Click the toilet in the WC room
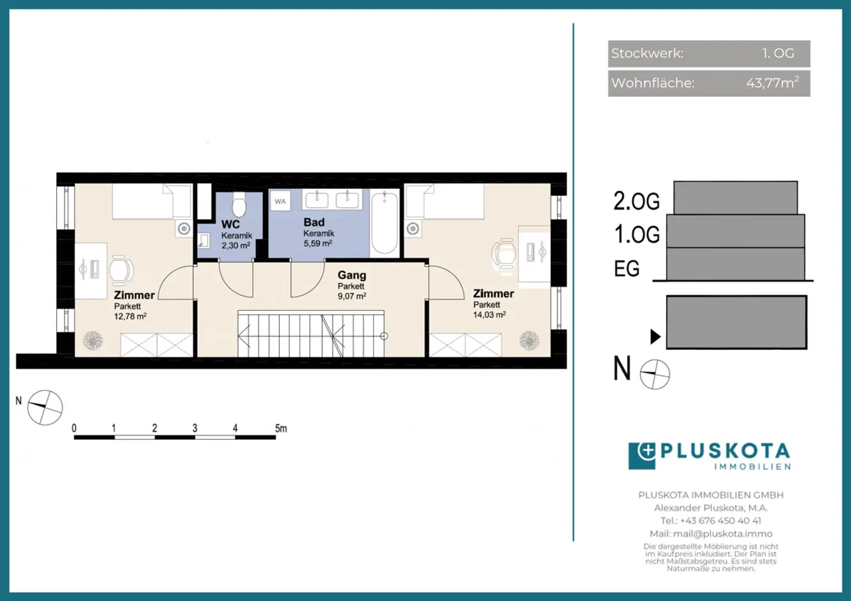pos(239,204)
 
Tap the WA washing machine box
pos(280,201)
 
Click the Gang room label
pos(352,275)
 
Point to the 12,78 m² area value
pos(130,316)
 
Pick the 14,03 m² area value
pos(489,315)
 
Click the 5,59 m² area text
pos(318,243)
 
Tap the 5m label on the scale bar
pos(281,428)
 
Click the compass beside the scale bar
pos(45,407)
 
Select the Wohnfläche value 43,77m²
pos(772,83)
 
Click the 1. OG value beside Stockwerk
pos(778,53)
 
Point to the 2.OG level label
pos(637,201)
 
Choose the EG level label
pos(627,269)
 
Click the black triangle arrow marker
pos(655,337)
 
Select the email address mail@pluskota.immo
pos(722,534)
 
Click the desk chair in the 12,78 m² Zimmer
pos(121,270)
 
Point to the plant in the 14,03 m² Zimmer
pos(529,340)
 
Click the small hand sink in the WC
pos(203,241)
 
